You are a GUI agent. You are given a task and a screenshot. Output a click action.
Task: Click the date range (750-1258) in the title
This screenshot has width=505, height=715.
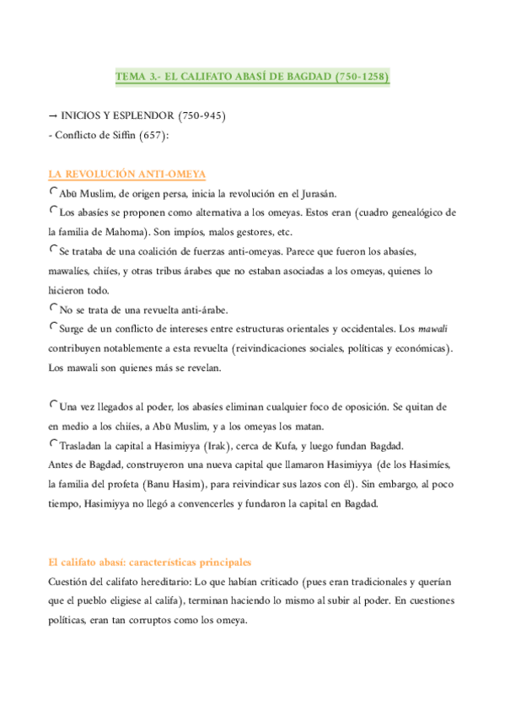[362, 77]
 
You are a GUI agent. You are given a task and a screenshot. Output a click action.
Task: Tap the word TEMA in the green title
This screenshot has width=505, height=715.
[130, 77]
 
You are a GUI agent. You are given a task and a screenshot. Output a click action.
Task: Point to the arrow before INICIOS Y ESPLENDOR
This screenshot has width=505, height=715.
[54, 115]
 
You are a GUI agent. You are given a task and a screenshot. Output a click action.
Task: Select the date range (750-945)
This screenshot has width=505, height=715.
[201, 115]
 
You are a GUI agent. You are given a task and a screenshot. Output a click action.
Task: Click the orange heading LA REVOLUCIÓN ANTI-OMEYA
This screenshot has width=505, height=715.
[127, 175]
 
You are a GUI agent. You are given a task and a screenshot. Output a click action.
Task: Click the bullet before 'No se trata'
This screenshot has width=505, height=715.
[54, 308]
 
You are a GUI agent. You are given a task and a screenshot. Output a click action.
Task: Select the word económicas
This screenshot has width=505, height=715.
[423, 347]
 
